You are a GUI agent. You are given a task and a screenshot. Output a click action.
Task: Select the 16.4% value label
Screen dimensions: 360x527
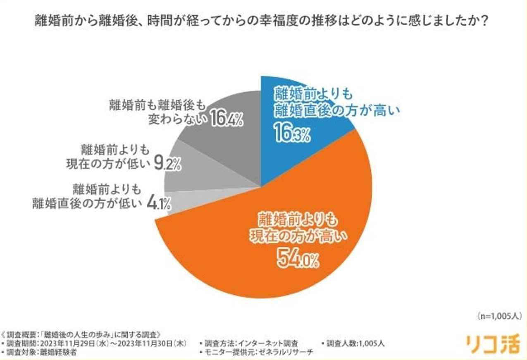tap(226, 119)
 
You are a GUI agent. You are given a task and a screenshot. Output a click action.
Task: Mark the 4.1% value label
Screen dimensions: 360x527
tap(160, 204)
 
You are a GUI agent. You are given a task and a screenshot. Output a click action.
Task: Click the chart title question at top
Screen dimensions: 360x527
tap(263, 21)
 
